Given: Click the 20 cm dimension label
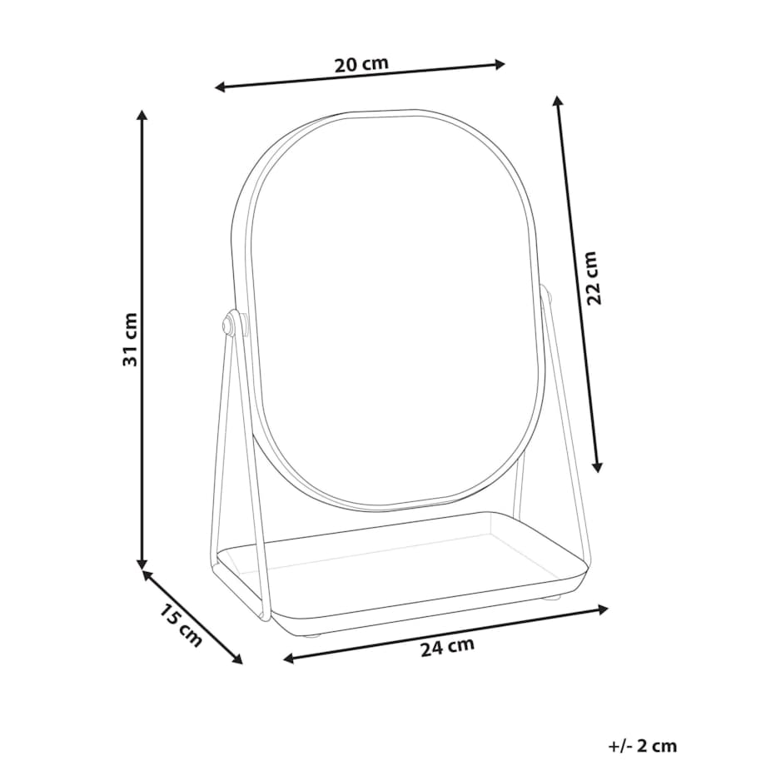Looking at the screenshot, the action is (361, 64).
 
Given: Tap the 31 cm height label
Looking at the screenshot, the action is (130, 339).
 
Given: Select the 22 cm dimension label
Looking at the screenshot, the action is (592, 278).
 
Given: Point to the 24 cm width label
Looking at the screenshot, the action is (447, 646).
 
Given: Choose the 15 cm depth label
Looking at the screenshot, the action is (181, 626).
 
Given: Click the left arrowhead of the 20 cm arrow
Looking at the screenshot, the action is (219, 87).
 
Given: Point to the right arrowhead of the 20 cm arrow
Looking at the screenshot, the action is (500, 64).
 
